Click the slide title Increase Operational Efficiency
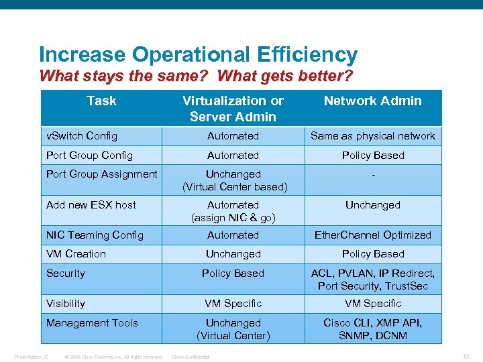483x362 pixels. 198,54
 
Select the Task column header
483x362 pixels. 101,101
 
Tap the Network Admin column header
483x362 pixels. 372,101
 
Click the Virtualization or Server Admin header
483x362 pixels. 233,109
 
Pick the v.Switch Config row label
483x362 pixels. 82,135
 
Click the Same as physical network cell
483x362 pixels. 372,135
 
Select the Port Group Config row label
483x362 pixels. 89,155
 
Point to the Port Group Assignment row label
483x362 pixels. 101,174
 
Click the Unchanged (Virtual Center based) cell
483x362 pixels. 233,180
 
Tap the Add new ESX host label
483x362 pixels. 91,204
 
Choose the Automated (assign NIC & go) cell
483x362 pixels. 233,211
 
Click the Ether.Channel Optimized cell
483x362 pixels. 372,235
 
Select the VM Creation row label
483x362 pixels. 76,254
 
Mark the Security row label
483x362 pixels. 66,273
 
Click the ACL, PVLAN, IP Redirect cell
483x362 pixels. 372,280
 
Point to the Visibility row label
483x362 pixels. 66,303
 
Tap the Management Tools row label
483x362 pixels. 92,322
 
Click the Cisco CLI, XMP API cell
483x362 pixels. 372,329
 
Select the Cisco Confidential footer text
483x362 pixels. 191,357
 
